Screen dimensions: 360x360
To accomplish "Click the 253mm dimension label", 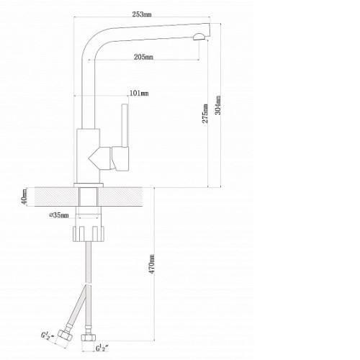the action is click(x=142, y=14).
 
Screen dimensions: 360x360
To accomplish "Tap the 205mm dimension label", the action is click(x=143, y=57).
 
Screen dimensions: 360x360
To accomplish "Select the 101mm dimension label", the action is click(x=139, y=93).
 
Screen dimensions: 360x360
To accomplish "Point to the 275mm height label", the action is click(x=205, y=114).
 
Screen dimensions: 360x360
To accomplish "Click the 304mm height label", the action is click(x=218, y=105).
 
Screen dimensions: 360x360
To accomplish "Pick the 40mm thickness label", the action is click(x=24, y=197).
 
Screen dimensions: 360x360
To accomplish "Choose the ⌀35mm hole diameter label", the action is click(x=59, y=215).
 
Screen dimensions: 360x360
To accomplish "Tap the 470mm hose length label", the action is click(x=152, y=264).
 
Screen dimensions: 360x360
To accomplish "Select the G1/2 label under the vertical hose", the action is click(x=102, y=348).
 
